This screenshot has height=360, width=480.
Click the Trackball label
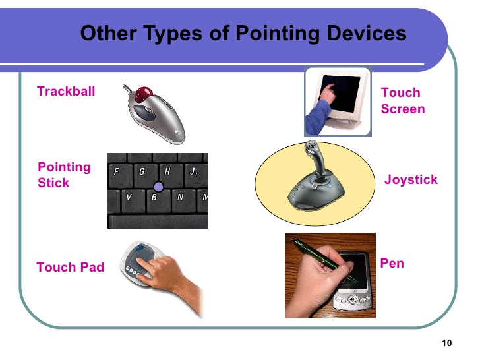click(66, 92)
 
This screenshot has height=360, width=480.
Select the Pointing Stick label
click(64, 175)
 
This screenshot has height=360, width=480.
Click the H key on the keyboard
click(167, 171)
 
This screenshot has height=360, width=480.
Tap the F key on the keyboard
click(117, 171)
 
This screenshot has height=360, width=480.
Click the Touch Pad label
click(70, 267)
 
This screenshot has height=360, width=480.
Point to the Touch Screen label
click(402, 101)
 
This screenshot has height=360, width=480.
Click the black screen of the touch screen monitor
click(340, 94)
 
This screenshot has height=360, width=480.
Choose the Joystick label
click(411, 179)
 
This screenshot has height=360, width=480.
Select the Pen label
click(392, 263)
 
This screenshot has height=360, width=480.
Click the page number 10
click(447, 343)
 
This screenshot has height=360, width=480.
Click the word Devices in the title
click(370, 33)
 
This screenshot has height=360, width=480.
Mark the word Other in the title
click(103, 33)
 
